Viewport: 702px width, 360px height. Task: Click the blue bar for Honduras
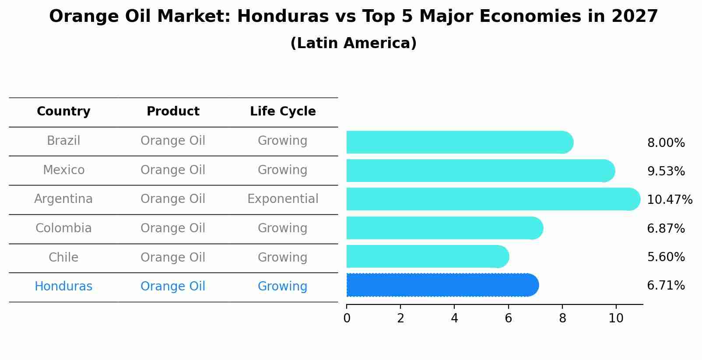click(442, 285)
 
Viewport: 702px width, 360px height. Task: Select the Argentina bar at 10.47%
click(493, 199)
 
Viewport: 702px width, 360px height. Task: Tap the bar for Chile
click(427, 257)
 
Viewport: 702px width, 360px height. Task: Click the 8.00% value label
click(666, 143)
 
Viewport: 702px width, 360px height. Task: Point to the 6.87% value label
click(666, 228)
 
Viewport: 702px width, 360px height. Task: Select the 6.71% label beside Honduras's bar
click(666, 286)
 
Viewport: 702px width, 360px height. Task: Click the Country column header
click(63, 112)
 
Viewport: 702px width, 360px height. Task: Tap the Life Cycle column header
click(283, 112)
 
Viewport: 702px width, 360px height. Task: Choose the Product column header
click(173, 112)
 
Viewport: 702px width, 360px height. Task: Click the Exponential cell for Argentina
click(283, 199)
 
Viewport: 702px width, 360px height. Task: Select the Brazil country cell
click(63, 141)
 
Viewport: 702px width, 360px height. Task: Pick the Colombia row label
click(63, 228)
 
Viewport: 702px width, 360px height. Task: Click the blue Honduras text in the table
click(63, 287)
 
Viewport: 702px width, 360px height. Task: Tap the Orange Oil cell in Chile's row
click(173, 257)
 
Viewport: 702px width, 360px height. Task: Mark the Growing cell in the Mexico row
click(283, 170)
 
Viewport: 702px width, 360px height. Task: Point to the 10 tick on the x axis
click(616, 318)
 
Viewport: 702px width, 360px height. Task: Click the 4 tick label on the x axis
click(454, 318)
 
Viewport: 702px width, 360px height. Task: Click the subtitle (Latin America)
click(353, 43)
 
